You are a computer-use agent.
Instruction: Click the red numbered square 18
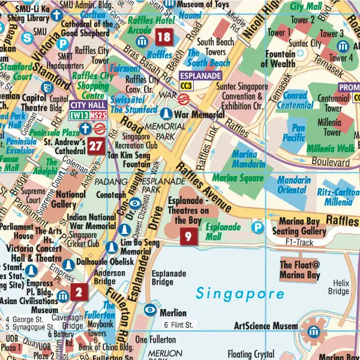pyautogui.click(x=164, y=38)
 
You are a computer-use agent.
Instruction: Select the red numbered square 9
pyautogui.click(x=188, y=236)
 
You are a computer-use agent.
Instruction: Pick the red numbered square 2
pyautogui.click(x=79, y=292)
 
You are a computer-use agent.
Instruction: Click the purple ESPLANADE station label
pyautogui.click(x=200, y=76)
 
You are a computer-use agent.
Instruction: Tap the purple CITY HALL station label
pyautogui.click(x=88, y=104)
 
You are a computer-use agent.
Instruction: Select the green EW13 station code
pyautogui.click(x=79, y=114)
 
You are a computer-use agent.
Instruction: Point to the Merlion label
pyautogui.click(x=172, y=313)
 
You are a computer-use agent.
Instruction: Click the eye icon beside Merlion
pyautogui.click(x=151, y=310)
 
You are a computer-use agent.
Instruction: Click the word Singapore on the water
pyautogui.click(x=239, y=294)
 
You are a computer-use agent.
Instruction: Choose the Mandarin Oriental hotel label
pyautogui.click(x=294, y=185)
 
